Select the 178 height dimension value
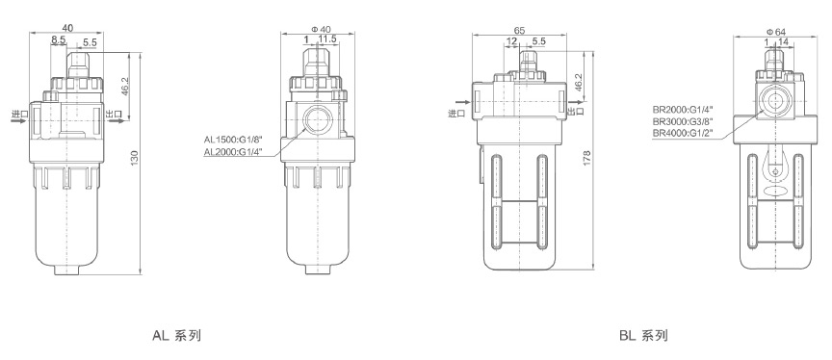point(586,159)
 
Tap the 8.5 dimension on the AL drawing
point(59,39)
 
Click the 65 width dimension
point(519,30)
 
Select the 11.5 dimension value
point(327,39)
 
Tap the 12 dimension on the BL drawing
point(511,40)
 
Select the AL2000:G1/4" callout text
point(233,153)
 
